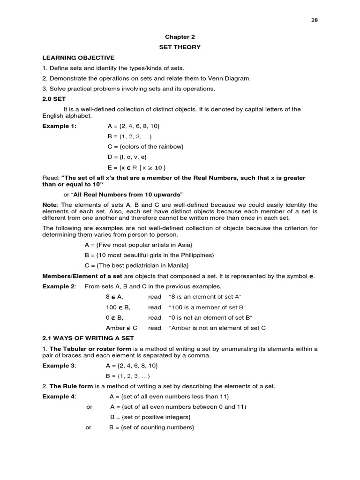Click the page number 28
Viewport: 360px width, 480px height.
pyautogui.click(x=315, y=20)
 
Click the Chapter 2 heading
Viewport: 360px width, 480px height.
pyautogui.click(x=180, y=37)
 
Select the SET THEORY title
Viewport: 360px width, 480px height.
pyautogui.click(x=180, y=47)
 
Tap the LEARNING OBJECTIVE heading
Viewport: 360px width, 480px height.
pyautogui.click(x=78, y=58)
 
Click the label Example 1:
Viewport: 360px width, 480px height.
pyautogui.click(x=60, y=126)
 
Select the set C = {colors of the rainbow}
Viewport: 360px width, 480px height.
pyautogui.click(x=145, y=147)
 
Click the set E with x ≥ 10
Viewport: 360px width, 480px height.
pyautogui.click(x=136, y=168)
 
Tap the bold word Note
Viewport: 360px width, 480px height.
pyautogui.click(x=50, y=205)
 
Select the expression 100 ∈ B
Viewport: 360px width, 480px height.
pyautogui.click(x=118, y=307)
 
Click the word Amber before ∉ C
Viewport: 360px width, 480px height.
pyautogui.click(x=115, y=328)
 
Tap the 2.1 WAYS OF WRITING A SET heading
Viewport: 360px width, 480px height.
pyautogui.click(x=88, y=338)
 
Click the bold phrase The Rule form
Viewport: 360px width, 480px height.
pyautogui.click(x=71, y=386)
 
